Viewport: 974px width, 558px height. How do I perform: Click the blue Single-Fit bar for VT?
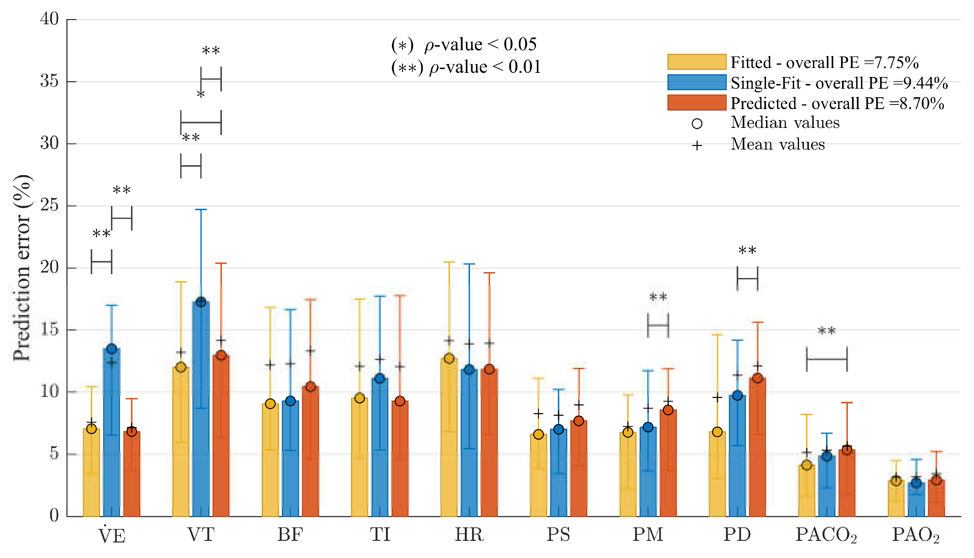click(x=201, y=421)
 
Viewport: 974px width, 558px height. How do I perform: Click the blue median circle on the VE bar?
click(x=112, y=349)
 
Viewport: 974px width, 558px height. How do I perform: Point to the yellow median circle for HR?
click(x=449, y=359)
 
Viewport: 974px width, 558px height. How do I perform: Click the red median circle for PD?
click(x=757, y=378)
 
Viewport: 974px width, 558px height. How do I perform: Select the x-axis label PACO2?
click(x=826, y=535)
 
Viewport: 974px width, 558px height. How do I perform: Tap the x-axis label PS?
click(x=558, y=535)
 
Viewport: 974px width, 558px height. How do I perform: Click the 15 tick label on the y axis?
click(x=49, y=329)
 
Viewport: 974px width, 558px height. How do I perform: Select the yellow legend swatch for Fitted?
click(x=696, y=62)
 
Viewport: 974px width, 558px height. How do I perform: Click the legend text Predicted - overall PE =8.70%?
click(x=837, y=104)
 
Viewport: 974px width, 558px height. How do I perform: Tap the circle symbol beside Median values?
click(x=697, y=124)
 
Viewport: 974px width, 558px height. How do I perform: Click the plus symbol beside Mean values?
click(x=697, y=146)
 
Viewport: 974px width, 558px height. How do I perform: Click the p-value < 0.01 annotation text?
click(x=466, y=67)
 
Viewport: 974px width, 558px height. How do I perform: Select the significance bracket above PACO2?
click(x=826, y=359)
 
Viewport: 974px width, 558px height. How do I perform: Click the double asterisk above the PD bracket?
click(x=747, y=251)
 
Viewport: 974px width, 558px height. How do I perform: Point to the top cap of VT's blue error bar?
click(x=201, y=210)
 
